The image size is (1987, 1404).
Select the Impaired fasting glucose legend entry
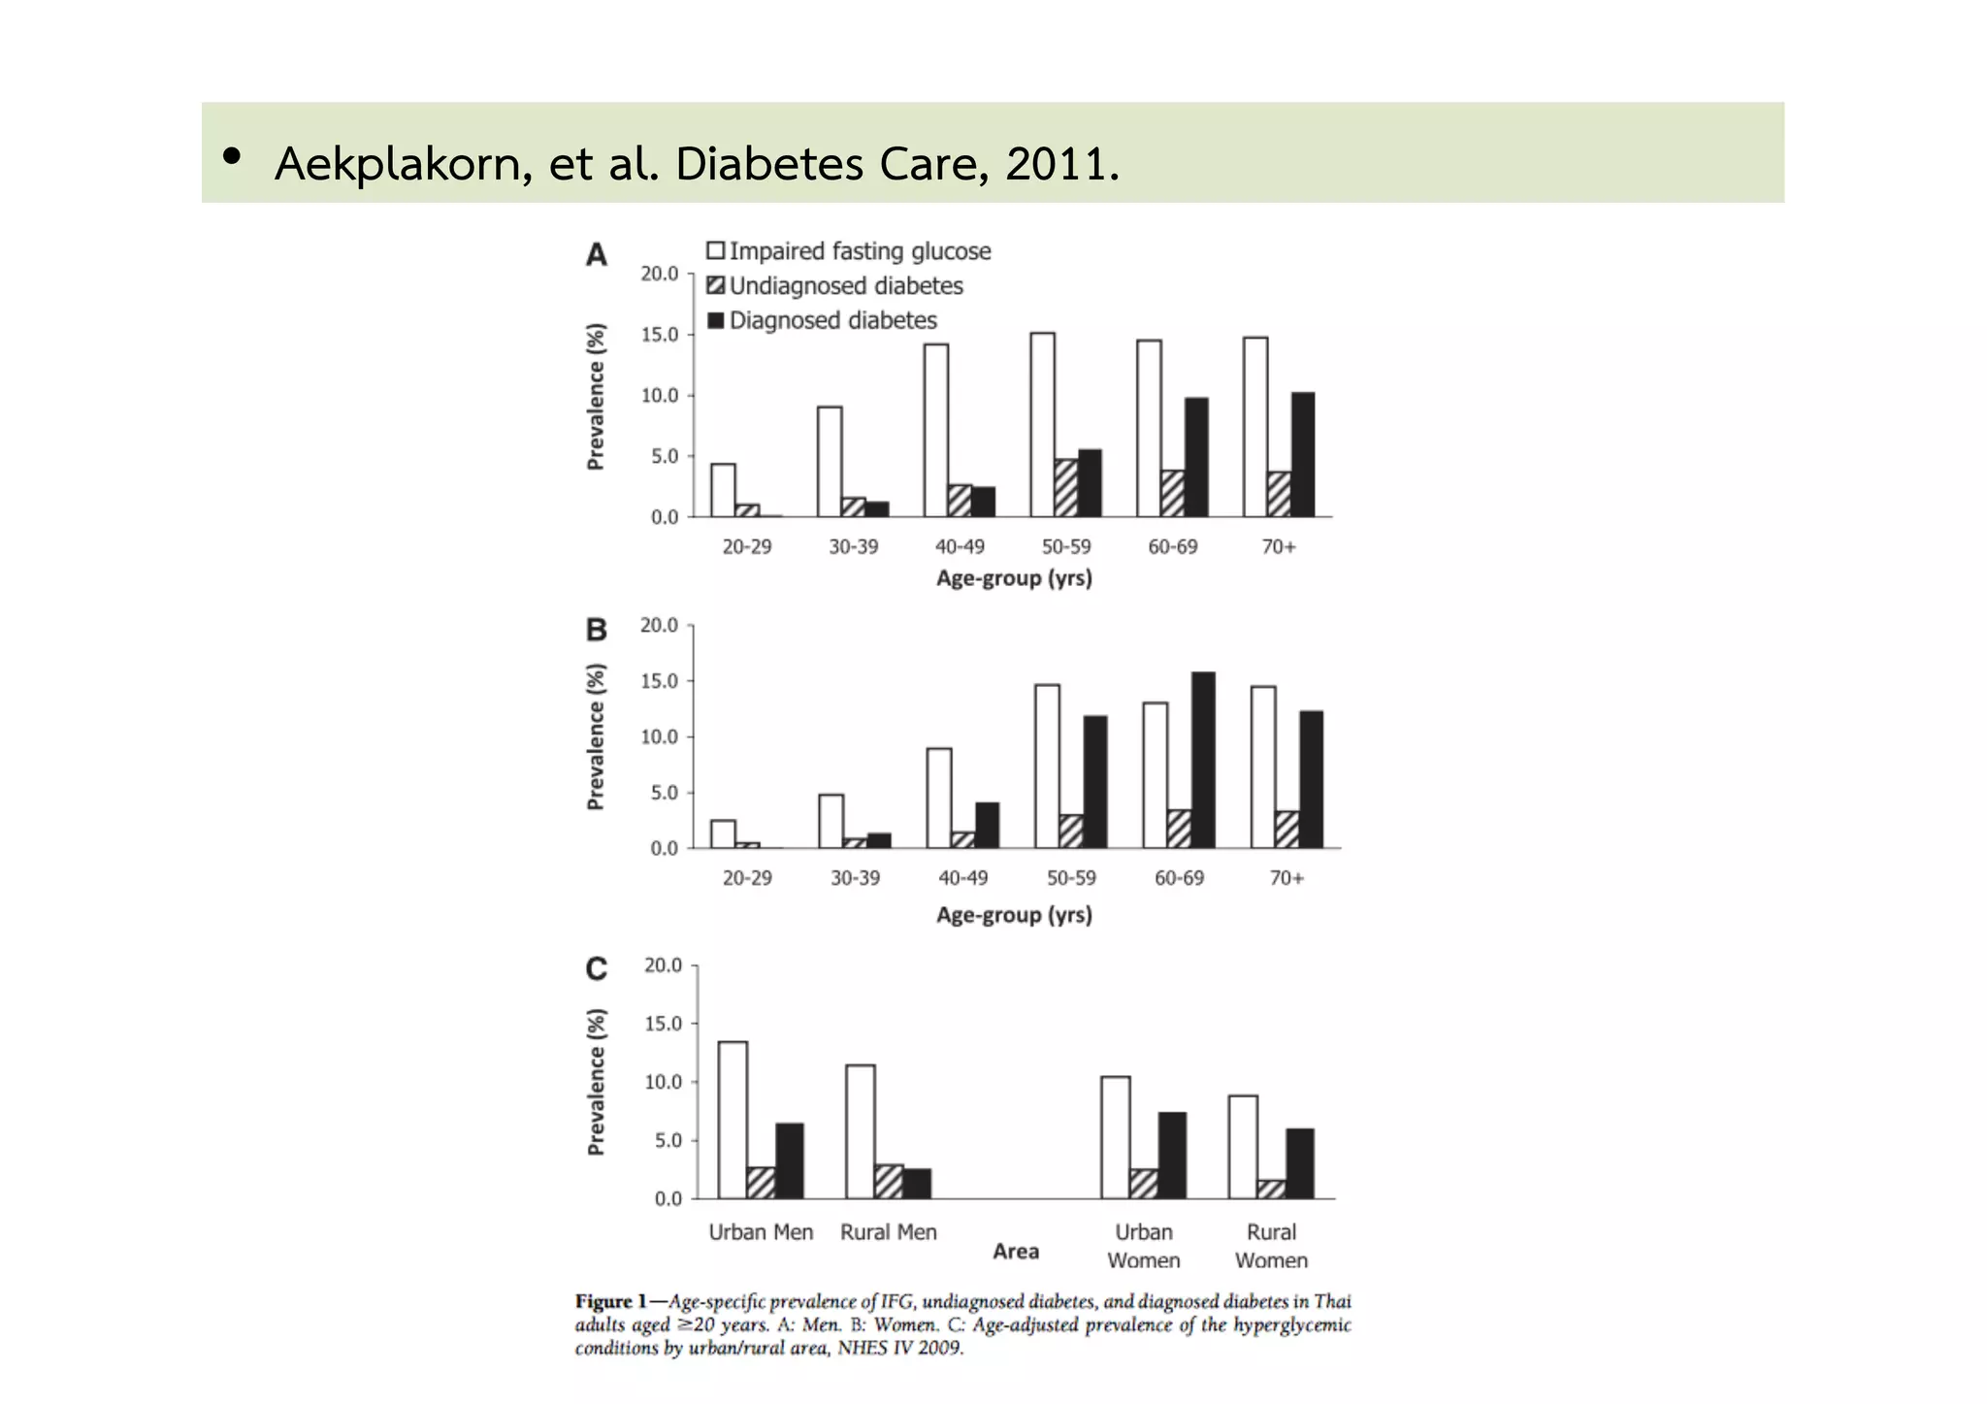(x=849, y=251)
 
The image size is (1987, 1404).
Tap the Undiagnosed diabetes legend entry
(x=835, y=286)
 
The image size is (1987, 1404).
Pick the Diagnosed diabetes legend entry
(x=823, y=320)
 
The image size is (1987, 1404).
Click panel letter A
(x=596, y=255)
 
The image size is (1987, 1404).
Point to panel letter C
(x=596, y=968)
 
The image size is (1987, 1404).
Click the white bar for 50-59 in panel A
(x=1043, y=424)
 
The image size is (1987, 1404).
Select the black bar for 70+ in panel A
(x=1303, y=454)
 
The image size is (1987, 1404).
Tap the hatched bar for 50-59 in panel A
(x=1066, y=488)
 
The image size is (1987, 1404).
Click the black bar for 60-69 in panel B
(x=1203, y=760)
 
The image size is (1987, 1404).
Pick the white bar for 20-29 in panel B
(x=723, y=834)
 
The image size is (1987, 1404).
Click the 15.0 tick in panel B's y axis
(x=659, y=681)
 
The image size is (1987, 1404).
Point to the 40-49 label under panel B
(x=962, y=878)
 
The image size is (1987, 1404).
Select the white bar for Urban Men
(x=733, y=1120)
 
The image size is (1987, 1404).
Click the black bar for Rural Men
(x=917, y=1184)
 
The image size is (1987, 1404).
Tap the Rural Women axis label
(x=1271, y=1246)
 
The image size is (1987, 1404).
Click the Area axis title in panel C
(x=1016, y=1252)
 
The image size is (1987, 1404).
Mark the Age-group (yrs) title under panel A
(x=1014, y=578)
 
